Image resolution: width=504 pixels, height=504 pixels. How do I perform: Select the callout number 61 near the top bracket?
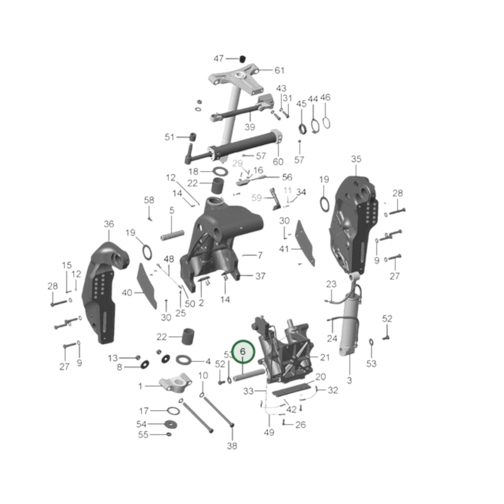(x=279, y=70)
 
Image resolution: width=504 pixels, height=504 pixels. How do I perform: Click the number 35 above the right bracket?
(x=356, y=159)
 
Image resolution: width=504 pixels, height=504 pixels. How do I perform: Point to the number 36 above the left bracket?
(x=109, y=224)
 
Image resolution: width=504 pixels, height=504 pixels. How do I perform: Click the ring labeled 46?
(x=327, y=123)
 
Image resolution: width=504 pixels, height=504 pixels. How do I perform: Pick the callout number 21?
(x=324, y=357)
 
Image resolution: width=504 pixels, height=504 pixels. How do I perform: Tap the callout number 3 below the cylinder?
(x=349, y=381)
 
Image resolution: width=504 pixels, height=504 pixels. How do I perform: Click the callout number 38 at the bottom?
(x=232, y=445)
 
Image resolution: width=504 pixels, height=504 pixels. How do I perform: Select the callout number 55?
(x=143, y=435)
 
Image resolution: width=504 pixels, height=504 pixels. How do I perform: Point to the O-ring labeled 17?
(x=173, y=411)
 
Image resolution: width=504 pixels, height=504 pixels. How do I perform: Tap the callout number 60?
(x=278, y=161)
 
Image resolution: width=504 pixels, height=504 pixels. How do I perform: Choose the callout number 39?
(x=249, y=127)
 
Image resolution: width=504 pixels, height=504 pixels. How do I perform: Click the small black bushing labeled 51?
(x=191, y=137)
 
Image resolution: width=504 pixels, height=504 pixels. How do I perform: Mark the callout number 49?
(x=269, y=432)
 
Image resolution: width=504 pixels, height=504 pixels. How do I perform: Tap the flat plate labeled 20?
(x=291, y=389)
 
